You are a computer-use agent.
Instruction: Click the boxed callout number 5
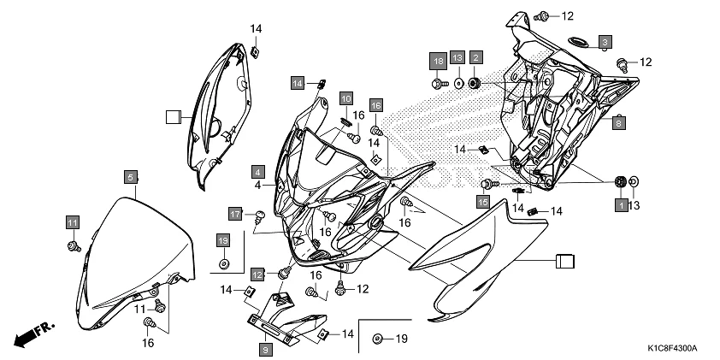coord(130,177)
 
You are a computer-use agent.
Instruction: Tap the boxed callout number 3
coord(605,41)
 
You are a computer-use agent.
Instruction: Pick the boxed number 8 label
coord(618,121)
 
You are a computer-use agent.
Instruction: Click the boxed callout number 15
coord(483,202)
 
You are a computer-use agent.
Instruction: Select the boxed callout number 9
coord(266,349)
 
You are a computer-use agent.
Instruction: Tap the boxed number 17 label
coord(235,213)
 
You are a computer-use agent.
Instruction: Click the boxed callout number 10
coord(345,98)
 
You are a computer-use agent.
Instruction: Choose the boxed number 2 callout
coord(476,57)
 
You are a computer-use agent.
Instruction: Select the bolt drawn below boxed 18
coord(439,83)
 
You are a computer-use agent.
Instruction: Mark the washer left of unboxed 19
coord(378,340)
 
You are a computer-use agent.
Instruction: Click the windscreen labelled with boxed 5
coord(137,257)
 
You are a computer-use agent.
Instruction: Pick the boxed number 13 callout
coord(457,57)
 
